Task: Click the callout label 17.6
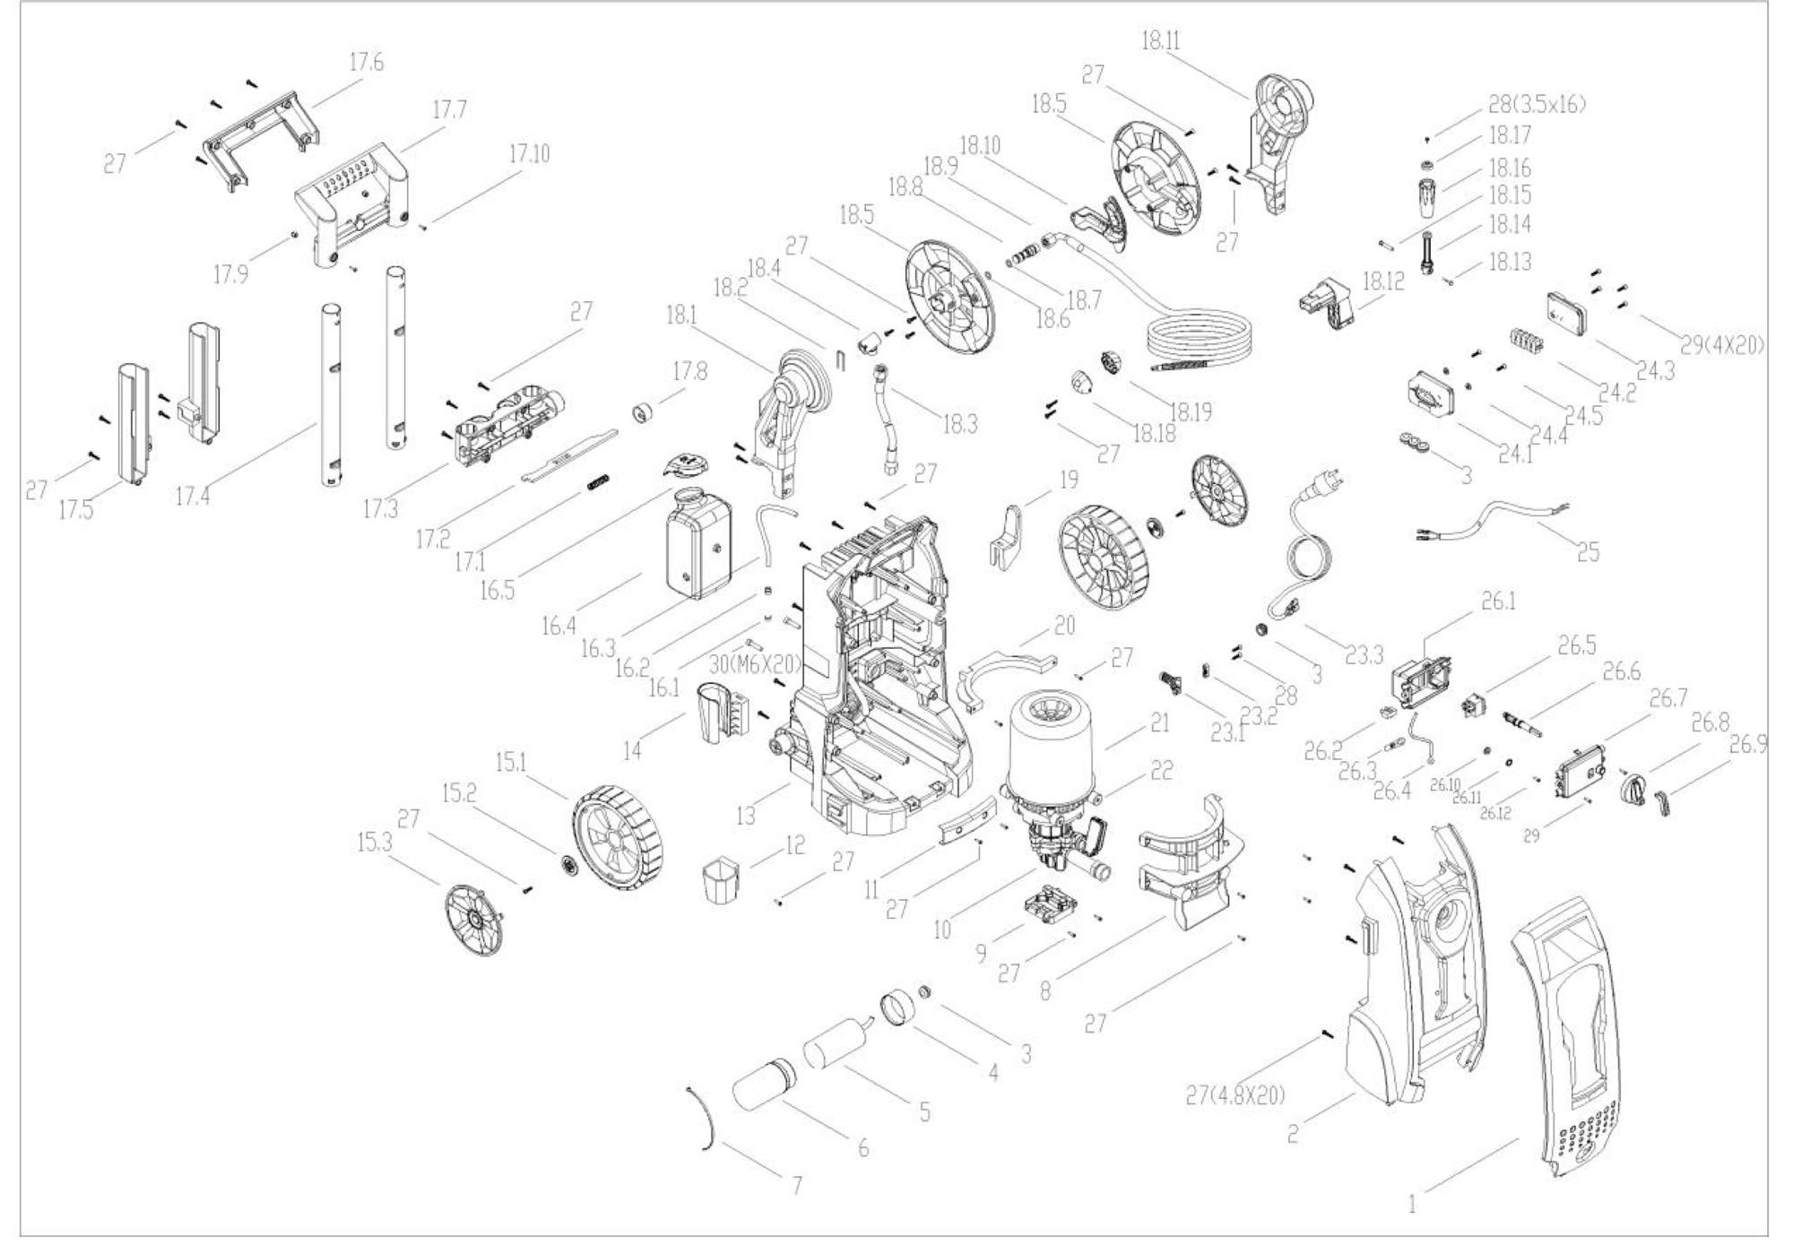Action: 366,63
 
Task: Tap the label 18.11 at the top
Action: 1161,40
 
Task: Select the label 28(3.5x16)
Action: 1537,105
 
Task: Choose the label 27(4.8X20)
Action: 1235,1095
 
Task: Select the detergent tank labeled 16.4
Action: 698,548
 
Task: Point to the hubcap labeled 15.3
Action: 473,921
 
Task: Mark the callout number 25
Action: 1588,551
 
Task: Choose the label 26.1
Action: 1497,601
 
